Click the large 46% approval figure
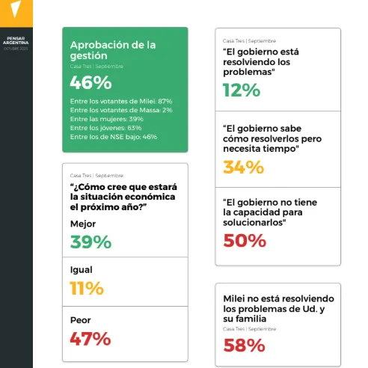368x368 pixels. click(91, 83)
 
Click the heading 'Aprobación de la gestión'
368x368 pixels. click(112, 50)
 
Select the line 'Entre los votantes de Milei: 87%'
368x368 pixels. click(121, 101)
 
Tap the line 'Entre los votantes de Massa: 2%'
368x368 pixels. click(120, 110)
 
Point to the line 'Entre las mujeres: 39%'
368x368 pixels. click(106, 119)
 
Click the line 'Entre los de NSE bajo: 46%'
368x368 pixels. click(113, 137)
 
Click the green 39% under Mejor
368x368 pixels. click(91, 242)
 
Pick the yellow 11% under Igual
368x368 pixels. click(88, 289)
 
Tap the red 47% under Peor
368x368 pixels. click(91, 338)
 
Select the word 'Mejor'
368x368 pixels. click(83, 224)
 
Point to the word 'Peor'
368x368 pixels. click(81, 320)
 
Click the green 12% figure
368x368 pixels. click(242, 91)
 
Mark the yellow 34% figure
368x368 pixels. click(244, 168)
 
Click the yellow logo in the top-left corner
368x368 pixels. click(16, 10)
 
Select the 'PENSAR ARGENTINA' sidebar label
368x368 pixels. click(16, 41)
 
